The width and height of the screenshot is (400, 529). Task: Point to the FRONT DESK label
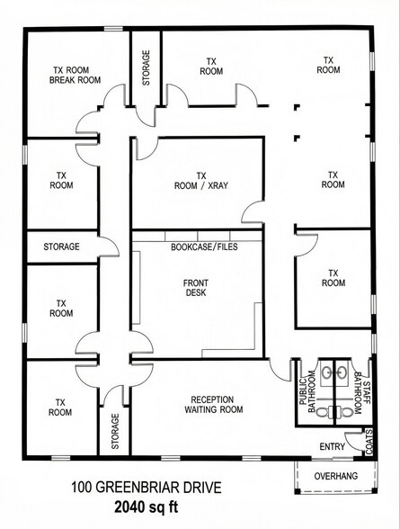click(197, 287)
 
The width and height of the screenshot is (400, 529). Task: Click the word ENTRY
click(333, 447)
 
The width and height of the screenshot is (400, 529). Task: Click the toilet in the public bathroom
click(323, 412)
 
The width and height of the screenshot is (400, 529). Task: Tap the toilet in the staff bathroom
click(345, 412)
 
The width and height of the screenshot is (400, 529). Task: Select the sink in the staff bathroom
click(342, 372)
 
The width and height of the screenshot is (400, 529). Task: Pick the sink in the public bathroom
click(326, 372)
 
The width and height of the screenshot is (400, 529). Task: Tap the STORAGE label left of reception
click(114, 433)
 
